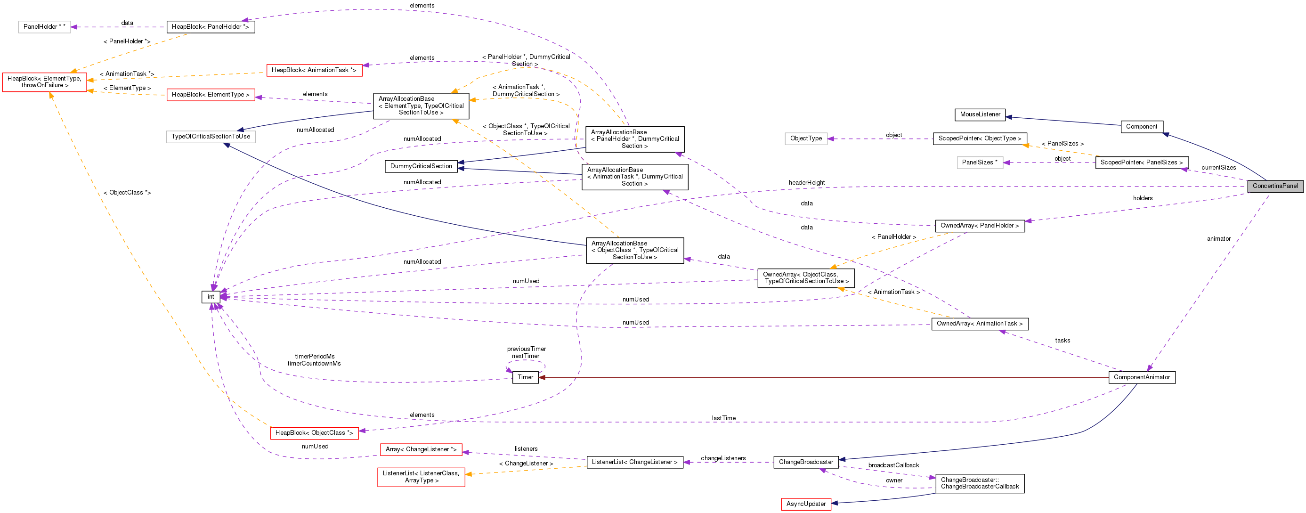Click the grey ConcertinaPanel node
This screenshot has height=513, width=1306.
(1274, 186)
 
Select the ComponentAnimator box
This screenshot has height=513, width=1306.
(1141, 377)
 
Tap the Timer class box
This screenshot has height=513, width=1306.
(525, 377)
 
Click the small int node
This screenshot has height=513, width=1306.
(211, 297)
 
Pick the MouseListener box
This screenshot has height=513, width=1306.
(980, 114)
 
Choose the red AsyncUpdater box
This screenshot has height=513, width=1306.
(806, 504)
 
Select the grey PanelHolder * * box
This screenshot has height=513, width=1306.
(44, 27)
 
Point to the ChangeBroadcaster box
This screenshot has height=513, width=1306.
(806, 462)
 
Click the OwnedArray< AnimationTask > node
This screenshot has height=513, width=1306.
(979, 324)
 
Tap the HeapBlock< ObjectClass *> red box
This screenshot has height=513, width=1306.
(314, 433)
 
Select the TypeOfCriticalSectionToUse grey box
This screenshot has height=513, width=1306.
(211, 136)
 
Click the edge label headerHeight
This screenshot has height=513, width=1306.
(806, 182)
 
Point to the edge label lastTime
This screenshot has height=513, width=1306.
(723, 418)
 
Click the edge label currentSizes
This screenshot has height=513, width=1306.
(1218, 168)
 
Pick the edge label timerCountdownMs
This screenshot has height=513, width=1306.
(314, 364)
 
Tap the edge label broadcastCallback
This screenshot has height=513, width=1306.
(893, 465)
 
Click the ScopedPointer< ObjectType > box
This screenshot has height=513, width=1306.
(980, 138)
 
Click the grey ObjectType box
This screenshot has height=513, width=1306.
(806, 138)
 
